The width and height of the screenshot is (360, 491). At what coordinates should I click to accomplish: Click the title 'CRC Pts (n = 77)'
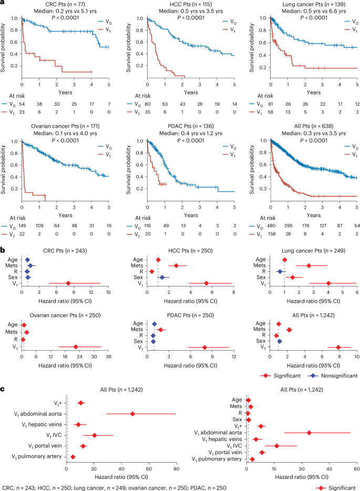(66, 4)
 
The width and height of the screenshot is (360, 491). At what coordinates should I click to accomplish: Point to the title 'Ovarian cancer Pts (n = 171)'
(66, 127)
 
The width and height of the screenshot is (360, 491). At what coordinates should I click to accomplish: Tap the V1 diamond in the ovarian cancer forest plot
(76, 347)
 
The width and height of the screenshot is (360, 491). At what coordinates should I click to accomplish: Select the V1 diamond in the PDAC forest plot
(204, 347)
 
